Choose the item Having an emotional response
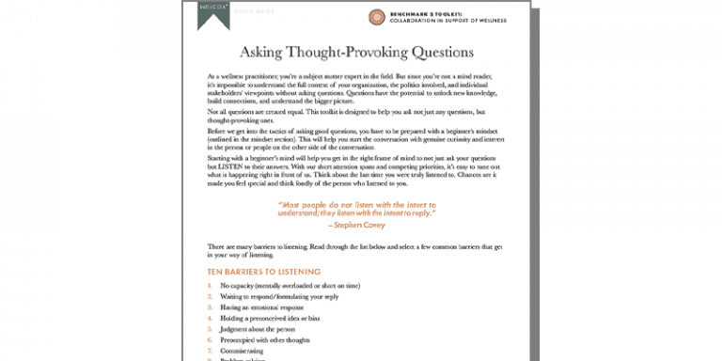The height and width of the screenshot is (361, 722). (x=259, y=307)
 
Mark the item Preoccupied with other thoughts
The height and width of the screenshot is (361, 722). (x=266, y=341)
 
